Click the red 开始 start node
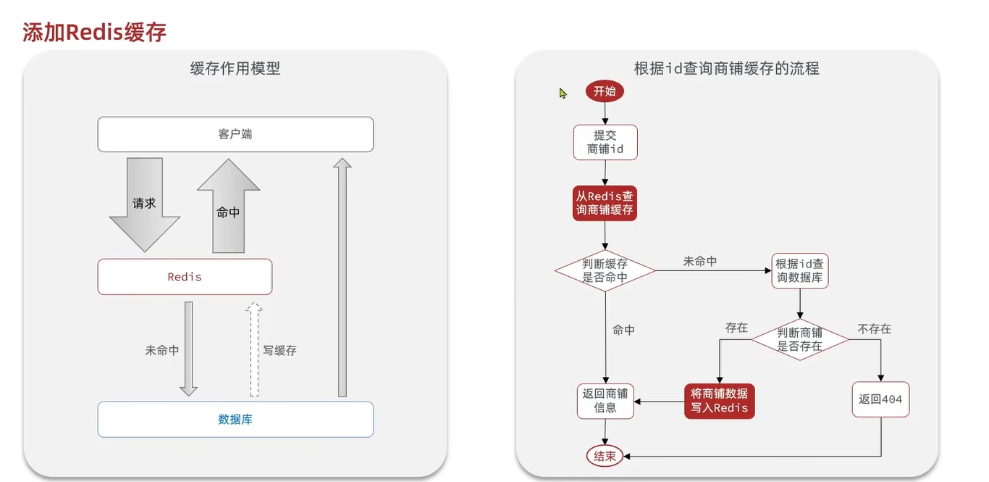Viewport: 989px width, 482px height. tap(605, 91)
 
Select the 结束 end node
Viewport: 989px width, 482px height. tap(605, 457)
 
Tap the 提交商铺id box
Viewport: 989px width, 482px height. tap(605, 143)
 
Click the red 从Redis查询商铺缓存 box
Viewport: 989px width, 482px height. tap(605, 203)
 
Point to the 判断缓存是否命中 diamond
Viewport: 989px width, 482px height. tap(605, 270)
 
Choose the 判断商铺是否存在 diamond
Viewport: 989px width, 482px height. tap(799, 339)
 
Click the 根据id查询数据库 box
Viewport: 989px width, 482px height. tap(799, 270)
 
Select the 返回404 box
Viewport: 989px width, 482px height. tap(880, 399)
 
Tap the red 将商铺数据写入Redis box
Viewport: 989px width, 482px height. tap(719, 401)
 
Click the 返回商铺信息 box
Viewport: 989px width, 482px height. tap(605, 401)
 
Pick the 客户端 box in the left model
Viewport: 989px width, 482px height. tap(235, 135)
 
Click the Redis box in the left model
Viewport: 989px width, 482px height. tap(185, 277)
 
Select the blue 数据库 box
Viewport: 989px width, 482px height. tap(235, 420)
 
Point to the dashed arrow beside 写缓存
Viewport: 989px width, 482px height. tap(254, 349)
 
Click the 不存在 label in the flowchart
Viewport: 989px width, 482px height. tap(874, 329)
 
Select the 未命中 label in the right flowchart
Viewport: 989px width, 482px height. tap(699, 261)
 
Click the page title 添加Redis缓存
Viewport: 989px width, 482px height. tap(94, 32)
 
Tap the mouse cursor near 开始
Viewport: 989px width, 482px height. tap(563, 93)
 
